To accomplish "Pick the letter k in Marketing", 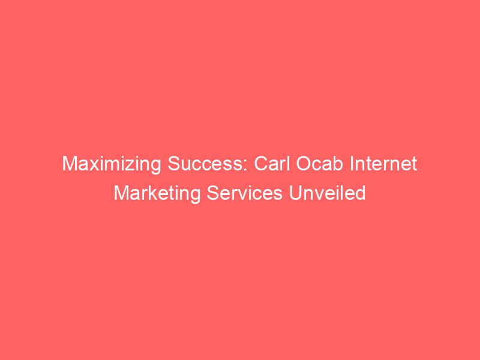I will tap(146, 194).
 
